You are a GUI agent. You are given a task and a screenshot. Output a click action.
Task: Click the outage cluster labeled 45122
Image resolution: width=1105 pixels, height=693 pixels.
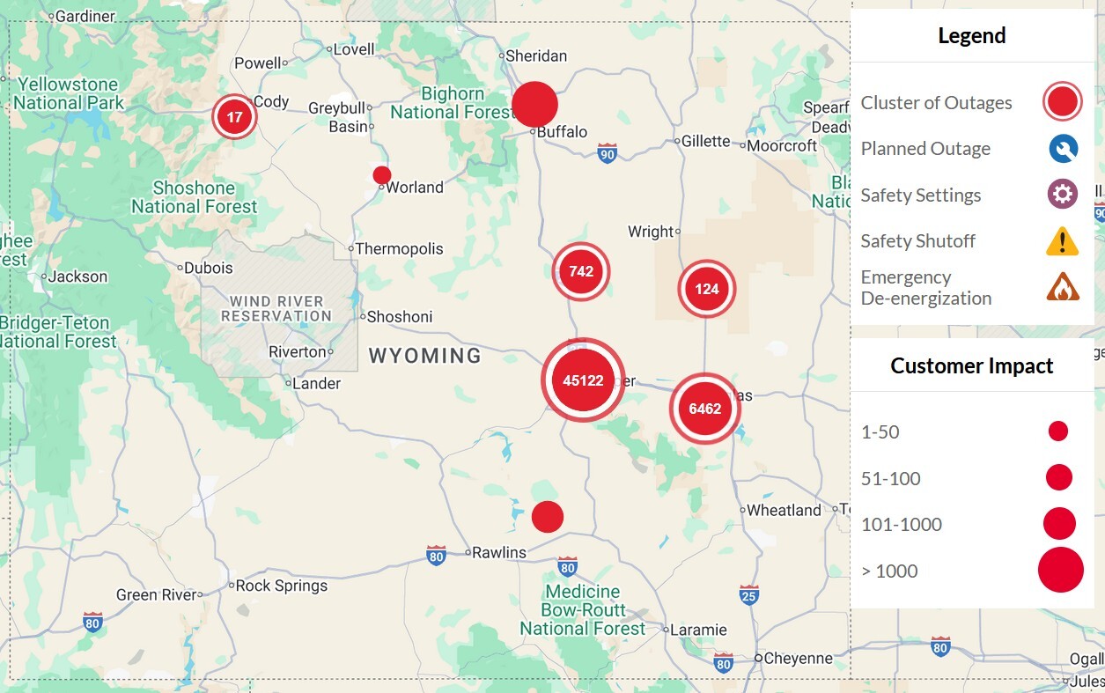[583, 380]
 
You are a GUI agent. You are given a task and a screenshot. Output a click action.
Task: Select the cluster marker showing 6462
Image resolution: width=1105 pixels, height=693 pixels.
[704, 409]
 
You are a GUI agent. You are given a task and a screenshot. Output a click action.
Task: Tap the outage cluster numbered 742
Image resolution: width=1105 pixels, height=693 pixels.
[581, 271]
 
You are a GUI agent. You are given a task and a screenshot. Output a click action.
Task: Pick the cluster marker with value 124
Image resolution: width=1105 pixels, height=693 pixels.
[706, 289]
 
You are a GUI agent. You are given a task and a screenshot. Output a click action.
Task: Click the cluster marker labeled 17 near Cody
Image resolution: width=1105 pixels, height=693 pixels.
[234, 117]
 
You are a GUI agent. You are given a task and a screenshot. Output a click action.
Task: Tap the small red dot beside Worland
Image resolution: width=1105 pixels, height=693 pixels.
[382, 174]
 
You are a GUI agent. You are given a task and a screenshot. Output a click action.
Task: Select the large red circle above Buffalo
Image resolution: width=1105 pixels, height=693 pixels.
[534, 105]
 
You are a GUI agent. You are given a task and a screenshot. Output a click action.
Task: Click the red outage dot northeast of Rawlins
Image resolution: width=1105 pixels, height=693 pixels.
[547, 516]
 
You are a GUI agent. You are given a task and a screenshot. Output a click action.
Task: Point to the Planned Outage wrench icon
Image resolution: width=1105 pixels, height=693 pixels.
[1063, 149]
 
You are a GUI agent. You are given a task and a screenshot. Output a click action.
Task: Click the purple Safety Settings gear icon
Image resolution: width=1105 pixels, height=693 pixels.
[1063, 195]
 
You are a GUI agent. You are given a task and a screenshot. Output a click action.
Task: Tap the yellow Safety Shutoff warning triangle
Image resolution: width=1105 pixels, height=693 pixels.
[1063, 240]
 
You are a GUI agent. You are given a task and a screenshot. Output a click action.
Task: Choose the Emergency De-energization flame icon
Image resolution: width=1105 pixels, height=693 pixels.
[1063, 287]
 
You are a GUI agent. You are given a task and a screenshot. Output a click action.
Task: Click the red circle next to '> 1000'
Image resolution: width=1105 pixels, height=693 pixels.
[1060, 570]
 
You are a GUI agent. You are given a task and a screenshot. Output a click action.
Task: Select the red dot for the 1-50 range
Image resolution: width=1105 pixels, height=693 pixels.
[1058, 431]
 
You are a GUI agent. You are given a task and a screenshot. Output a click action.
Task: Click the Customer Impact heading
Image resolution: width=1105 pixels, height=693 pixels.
[971, 366]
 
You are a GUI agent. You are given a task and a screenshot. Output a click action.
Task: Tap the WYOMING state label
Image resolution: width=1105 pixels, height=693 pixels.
[424, 356]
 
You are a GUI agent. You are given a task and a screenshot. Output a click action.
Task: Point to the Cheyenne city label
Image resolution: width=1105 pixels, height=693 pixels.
[798, 658]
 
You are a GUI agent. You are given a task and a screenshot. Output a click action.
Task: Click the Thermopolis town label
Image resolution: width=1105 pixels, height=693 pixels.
[399, 249]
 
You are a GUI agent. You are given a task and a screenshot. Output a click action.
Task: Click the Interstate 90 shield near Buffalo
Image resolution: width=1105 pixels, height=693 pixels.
[607, 153]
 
